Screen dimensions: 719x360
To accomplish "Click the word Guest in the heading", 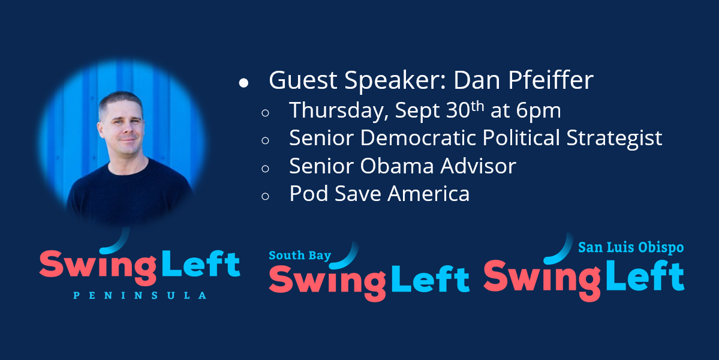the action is pos(303,80).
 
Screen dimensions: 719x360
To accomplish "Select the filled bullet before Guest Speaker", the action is pos(243,83).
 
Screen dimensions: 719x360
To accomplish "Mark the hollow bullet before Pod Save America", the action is pos(265,196).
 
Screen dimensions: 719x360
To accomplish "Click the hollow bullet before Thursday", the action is pos(265,113).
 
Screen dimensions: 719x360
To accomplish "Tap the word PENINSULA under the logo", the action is pos(140,295).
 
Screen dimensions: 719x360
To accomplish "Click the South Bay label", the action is pos(300,256).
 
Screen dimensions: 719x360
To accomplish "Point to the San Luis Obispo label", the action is pos(631,248).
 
